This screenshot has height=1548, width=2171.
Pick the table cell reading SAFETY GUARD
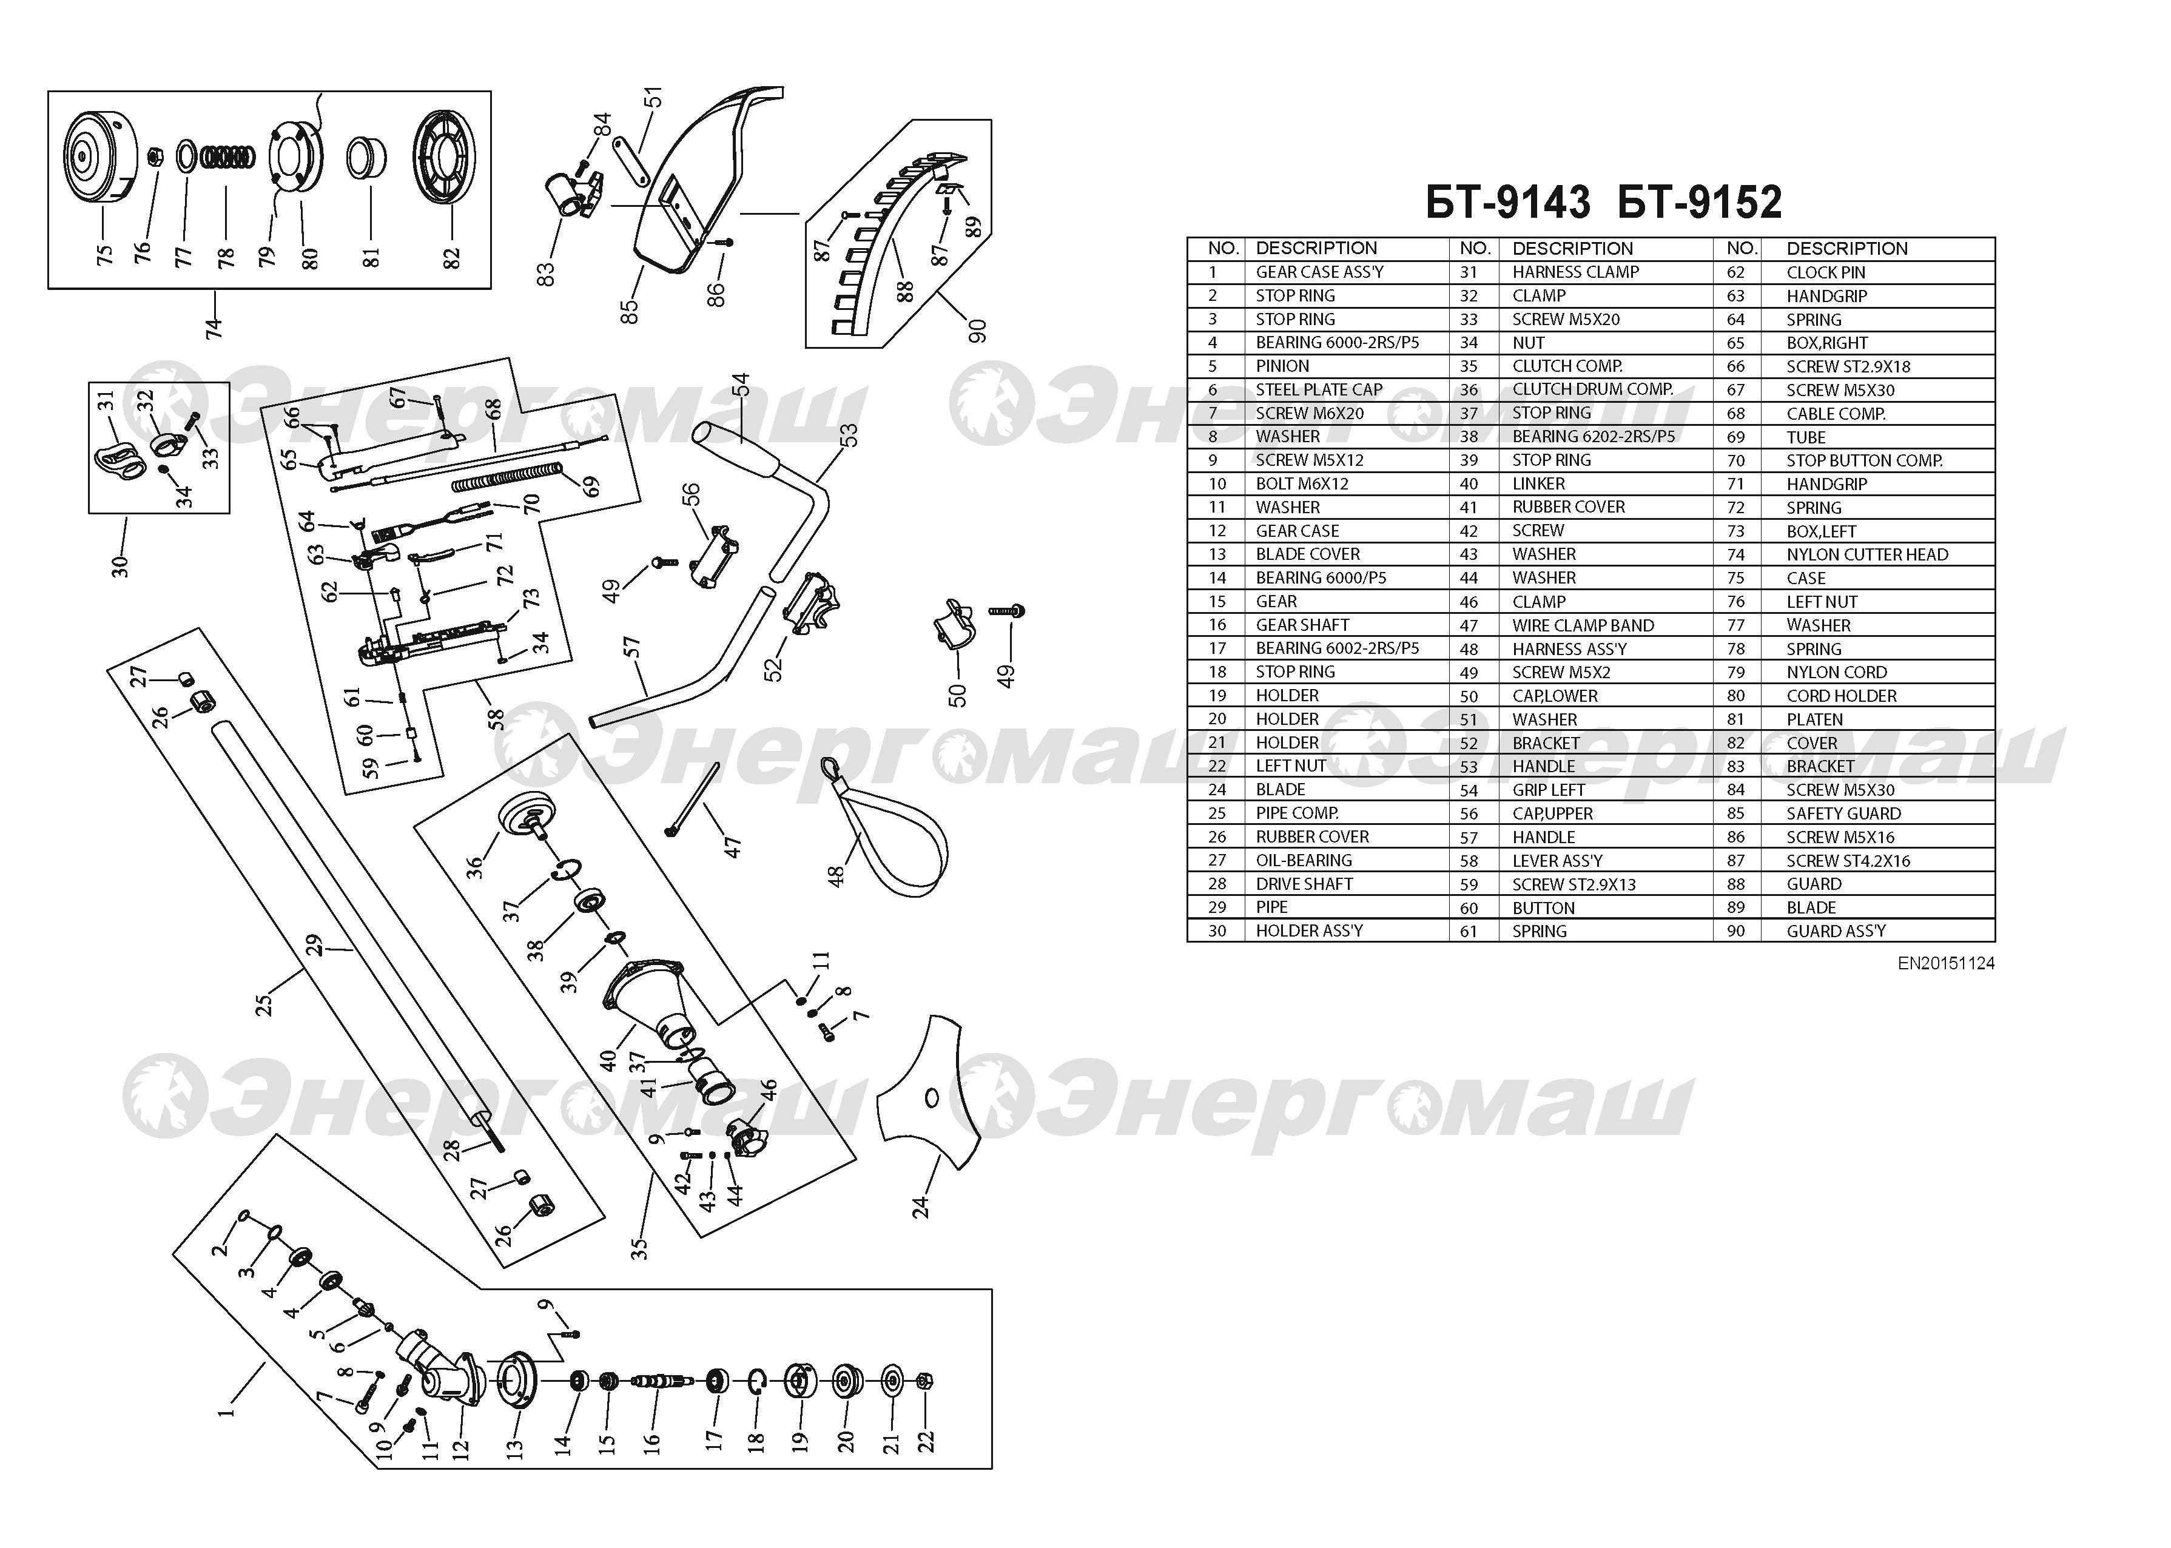click(1843, 813)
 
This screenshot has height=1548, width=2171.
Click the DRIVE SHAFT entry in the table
click(1304, 884)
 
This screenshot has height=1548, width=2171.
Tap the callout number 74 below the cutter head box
click(214, 327)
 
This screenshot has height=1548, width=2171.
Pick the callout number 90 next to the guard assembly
click(977, 331)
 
